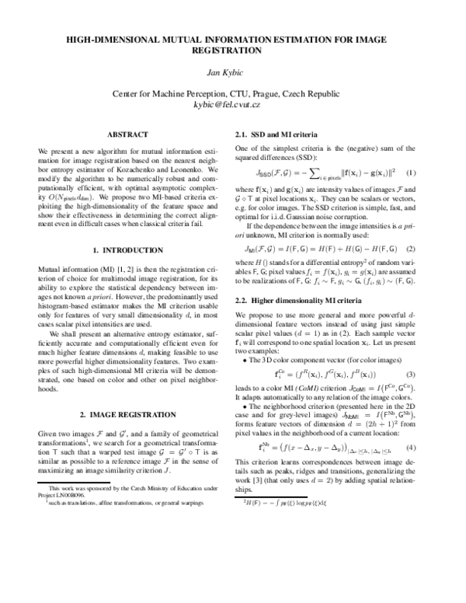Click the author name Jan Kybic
[233, 73]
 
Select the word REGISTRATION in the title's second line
[233, 50]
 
